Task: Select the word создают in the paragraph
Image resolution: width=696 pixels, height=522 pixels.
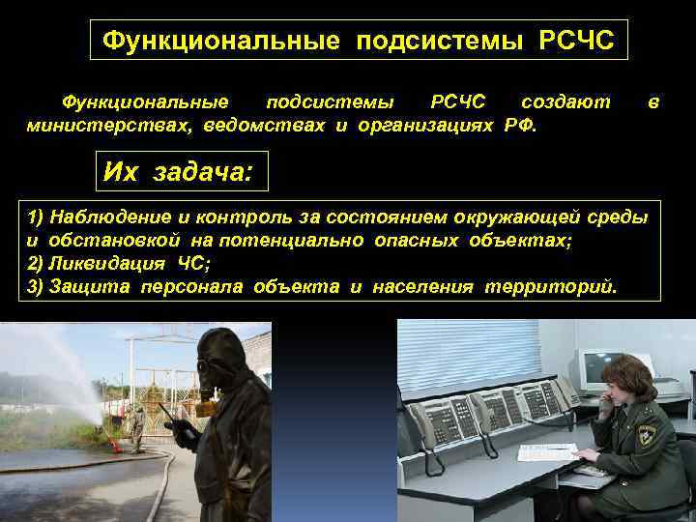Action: (565, 101)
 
